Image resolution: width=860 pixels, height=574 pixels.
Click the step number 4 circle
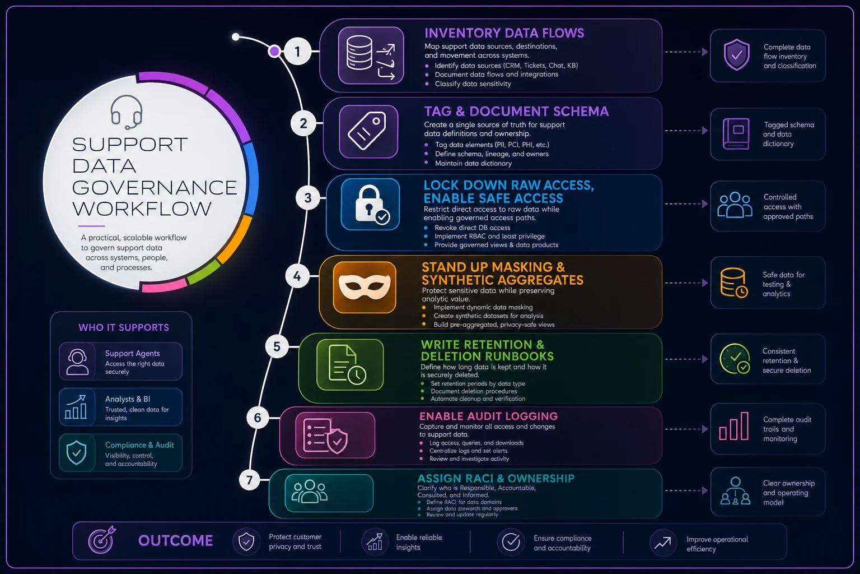pos(297,276)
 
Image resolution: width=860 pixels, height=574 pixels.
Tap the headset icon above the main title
pos(127,112)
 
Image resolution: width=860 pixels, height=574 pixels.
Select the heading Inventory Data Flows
pos(504,33)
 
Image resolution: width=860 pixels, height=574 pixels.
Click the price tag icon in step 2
pos(368,131)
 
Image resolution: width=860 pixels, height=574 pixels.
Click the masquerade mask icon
pos(364,287)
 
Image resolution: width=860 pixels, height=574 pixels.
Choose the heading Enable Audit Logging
pos(488,416)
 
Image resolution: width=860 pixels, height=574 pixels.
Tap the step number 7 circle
pos(250,480)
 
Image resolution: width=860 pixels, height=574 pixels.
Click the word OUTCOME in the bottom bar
pos(175,540)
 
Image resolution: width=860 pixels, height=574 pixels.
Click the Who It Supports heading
pos(124,327)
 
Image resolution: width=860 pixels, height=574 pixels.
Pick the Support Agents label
pos(133,353)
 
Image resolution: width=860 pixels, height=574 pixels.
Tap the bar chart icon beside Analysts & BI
pos(76,407)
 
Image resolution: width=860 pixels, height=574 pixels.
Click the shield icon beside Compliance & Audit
pos(76,453)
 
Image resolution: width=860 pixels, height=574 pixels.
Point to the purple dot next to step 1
pos(274,51)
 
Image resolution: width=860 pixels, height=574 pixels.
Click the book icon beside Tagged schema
pos(736,133)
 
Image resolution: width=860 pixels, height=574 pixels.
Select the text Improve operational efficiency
pos(717,544)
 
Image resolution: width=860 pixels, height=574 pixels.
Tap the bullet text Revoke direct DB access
pos(472,228)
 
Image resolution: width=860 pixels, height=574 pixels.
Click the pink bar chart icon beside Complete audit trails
pos(733,426)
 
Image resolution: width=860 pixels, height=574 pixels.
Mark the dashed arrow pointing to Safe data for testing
pos(686,283)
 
